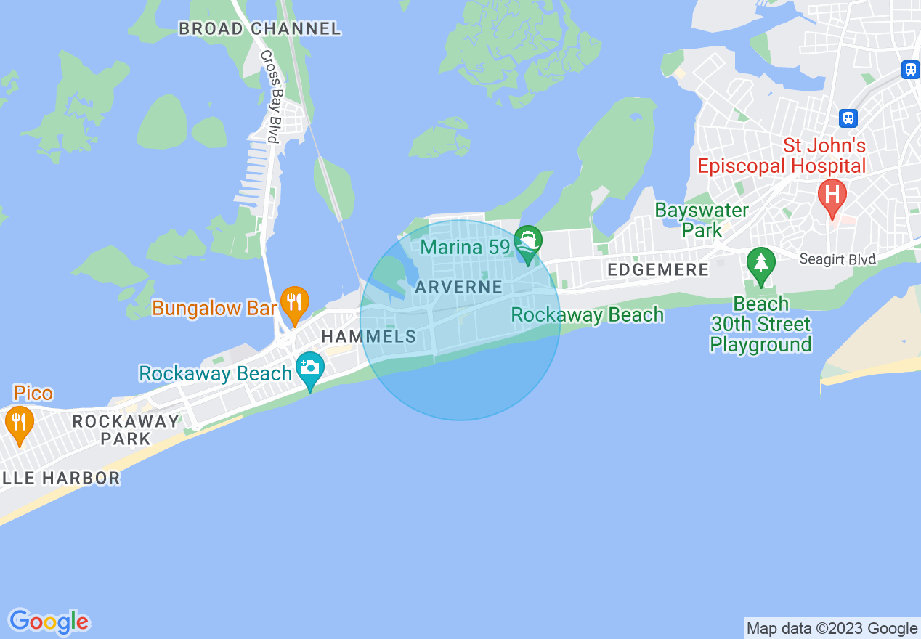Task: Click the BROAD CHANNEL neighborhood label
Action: [259, 28]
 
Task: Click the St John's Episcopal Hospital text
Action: [782, 155]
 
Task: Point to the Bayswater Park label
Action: [702, 220]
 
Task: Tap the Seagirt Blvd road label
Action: [837, 259]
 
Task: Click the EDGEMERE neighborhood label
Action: [658, 270]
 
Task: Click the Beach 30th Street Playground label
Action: [760, 324]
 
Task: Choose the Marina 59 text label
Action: [466, 247]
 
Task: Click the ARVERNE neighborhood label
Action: [459, 288]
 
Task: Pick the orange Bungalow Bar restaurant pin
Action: [294, 304]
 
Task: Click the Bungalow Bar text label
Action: [214, 308]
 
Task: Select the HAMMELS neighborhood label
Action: [369, 336]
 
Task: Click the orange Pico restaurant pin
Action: [19, 423]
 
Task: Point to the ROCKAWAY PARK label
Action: [126, 430]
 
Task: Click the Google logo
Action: [49, 622]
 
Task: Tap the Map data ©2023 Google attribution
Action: [832, 629]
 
